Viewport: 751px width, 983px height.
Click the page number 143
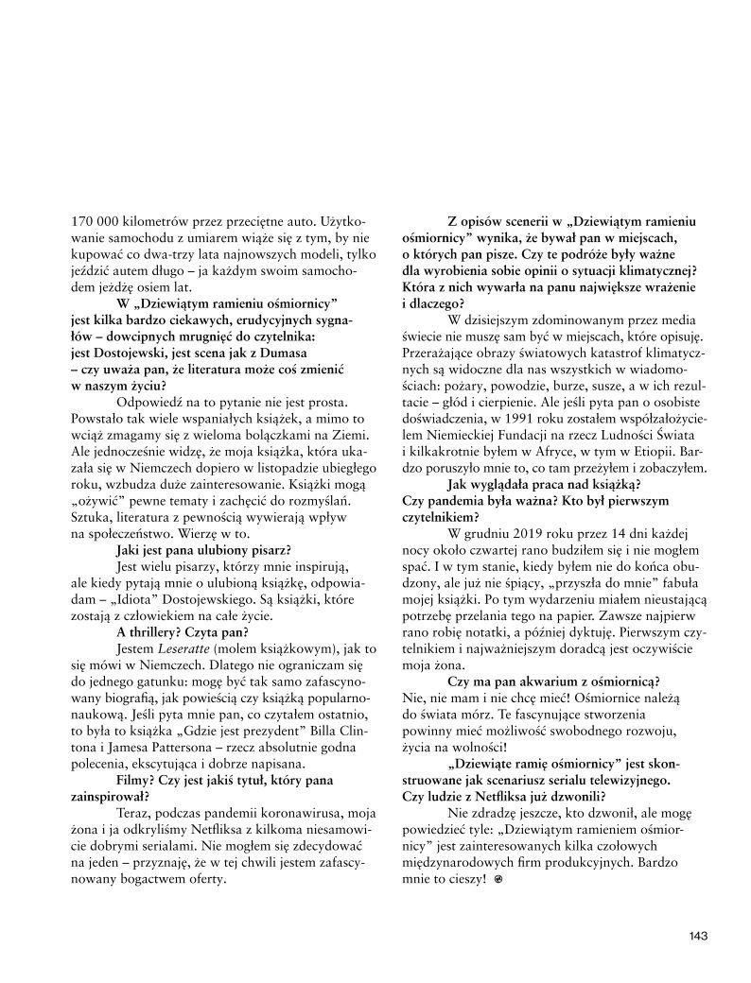(698, 937)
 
